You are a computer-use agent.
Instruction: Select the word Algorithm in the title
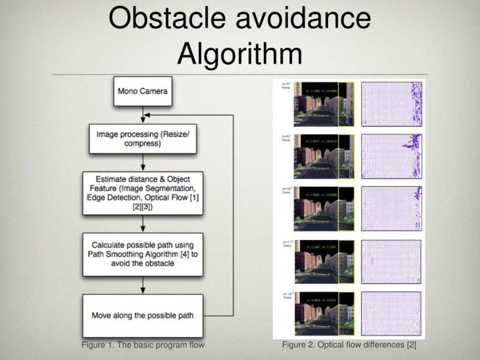[239, 54]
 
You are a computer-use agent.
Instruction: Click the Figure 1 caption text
[143, 345]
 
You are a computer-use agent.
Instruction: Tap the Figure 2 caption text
[349, 345]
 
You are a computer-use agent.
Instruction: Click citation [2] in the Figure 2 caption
[411, 345]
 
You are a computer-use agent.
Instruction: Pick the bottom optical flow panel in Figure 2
[391, 314]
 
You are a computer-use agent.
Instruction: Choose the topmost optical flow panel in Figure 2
[391, 104]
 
